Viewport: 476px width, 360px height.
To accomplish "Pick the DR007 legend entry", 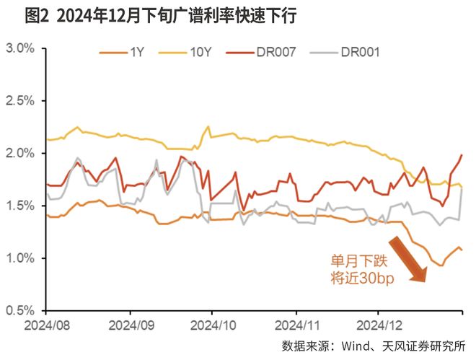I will (x=275, y=53).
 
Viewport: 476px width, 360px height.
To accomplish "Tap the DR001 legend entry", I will (x=360, y=53).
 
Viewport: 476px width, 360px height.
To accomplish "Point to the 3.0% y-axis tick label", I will (x=20, y=49).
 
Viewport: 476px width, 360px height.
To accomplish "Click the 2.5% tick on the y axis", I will (x=20, y=101).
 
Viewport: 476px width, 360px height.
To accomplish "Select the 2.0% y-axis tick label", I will (x=20, y=154).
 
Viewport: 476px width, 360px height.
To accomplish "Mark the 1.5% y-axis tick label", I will (x=20, y=206).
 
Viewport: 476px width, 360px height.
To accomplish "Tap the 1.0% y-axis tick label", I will (x=20, y=258).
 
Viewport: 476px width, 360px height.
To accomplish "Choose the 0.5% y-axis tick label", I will (x=20, y=310).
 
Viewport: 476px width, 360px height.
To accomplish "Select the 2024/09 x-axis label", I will (x=131, y=325).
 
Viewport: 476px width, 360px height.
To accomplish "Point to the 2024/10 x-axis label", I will (x=213, y=325).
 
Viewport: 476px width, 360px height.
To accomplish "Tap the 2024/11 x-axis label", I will (x=296, y=325).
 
